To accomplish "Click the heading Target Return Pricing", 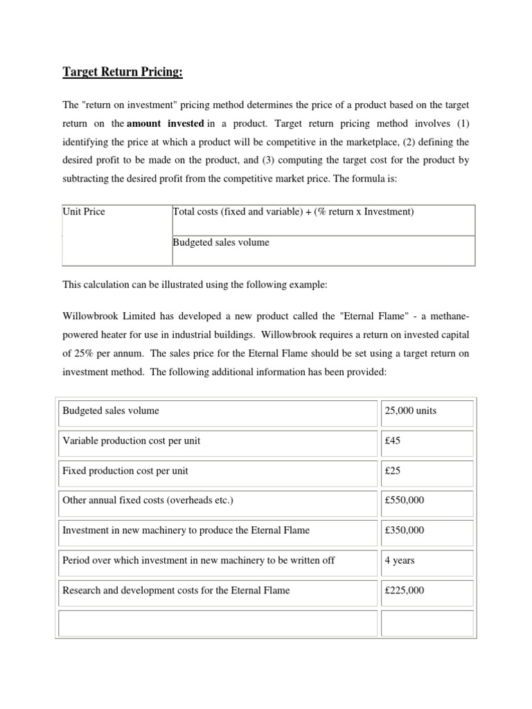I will coord(124,73).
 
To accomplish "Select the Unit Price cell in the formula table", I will coord(84,212).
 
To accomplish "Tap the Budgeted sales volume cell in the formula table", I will coord(220,242).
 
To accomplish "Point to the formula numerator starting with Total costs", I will coord(293,212).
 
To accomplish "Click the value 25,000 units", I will coord(410,411).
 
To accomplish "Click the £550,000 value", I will coord(405,501).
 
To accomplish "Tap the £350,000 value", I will coord(405,530).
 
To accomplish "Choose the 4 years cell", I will coord(400,560).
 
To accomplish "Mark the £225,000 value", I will coord(405,591).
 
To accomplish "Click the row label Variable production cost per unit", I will coord(132,441).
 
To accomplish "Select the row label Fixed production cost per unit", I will coord(125,471).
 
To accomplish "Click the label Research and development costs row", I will coord(176,591).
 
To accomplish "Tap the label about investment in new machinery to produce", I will coord(186,530).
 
